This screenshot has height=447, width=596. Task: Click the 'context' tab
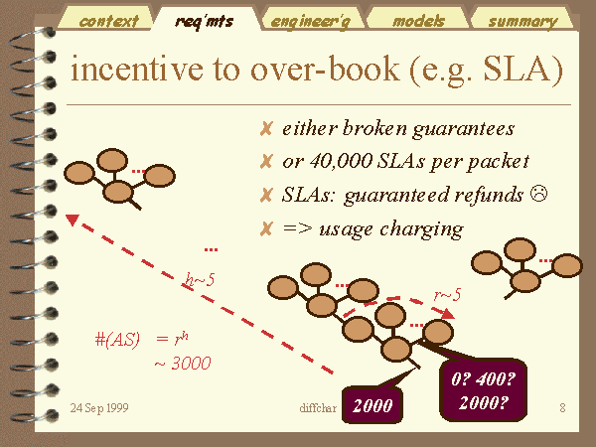pos(107,20)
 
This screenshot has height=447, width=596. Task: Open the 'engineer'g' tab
pos(311,21)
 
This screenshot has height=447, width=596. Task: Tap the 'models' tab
pos(418,20)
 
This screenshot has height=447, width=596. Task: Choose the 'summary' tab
pos(522,21)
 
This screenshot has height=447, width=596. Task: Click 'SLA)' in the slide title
pos(522,70)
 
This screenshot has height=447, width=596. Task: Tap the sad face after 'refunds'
pos(538,193)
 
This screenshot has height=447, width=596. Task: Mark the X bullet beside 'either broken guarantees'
pos(266,129)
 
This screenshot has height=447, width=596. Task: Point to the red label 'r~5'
pos(447,295)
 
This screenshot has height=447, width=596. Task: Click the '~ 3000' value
pos(183,363)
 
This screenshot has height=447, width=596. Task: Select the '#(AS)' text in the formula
pos(117,339)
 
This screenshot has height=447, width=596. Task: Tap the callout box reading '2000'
pos(372,405)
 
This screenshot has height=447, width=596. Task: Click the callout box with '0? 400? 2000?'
pos(483,390)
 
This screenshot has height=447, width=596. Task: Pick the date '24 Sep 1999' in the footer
pos(99,408)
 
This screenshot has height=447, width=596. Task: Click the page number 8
pos(562,408)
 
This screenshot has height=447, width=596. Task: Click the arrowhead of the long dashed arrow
pos(73,220)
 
